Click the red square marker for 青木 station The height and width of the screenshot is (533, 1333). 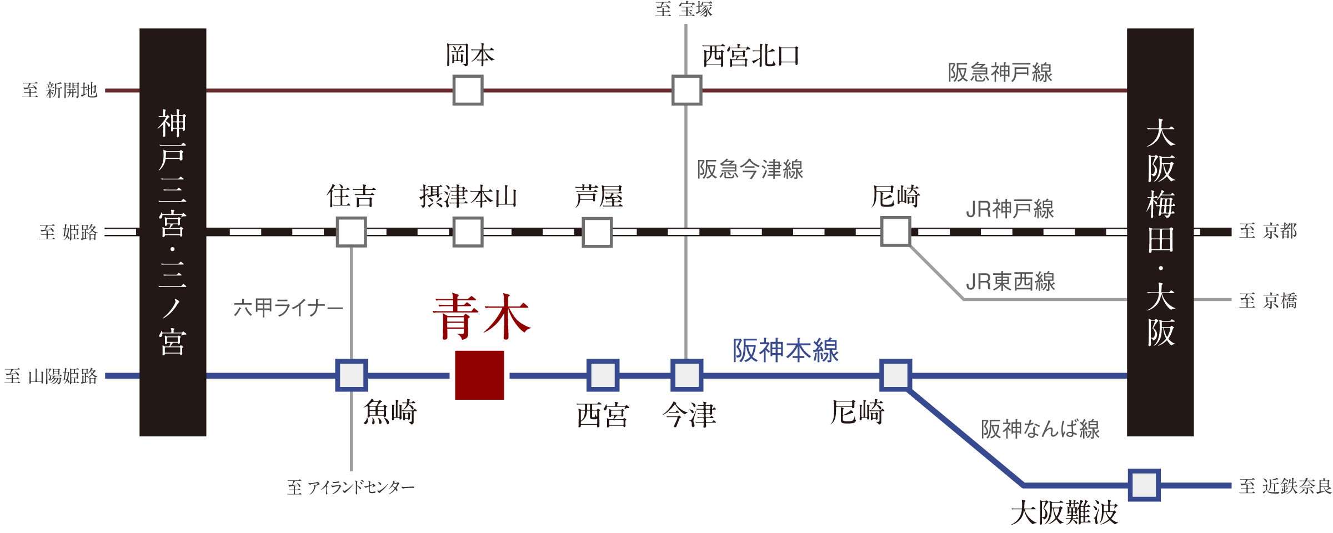coord(479,375)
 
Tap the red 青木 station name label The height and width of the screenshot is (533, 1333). coord(482,318)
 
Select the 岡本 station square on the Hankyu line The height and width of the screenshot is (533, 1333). coord(468,90)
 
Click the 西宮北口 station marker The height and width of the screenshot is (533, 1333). coord(686,90)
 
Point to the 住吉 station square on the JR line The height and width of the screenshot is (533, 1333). coord(352,232)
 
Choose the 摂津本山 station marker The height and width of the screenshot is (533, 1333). coord(468,232)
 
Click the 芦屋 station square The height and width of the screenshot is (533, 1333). coord(597,232)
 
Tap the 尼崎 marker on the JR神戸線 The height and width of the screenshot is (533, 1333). coord(895,232)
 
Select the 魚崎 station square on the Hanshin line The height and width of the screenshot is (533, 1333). coord(352,375)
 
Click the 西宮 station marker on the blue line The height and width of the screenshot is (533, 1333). coord(603,375)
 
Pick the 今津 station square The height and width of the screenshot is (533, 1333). coord(687,375)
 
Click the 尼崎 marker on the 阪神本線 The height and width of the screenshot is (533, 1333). coord(895,375)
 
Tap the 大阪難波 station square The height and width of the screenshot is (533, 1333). coord(1144,485)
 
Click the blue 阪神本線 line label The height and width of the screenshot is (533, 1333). coord(785,351)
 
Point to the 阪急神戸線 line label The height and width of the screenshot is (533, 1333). coord(1000,73)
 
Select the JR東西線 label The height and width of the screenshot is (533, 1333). coord(1010,281)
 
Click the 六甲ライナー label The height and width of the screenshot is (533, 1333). coord(288,307)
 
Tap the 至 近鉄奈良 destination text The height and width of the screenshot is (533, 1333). coord(1285,486)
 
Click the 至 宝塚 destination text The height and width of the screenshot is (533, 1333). coord(684,9)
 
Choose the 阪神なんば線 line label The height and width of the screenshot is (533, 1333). coord(1040,429)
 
